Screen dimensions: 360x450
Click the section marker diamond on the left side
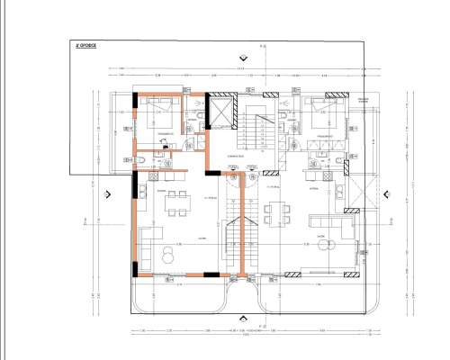tap(106, 193)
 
